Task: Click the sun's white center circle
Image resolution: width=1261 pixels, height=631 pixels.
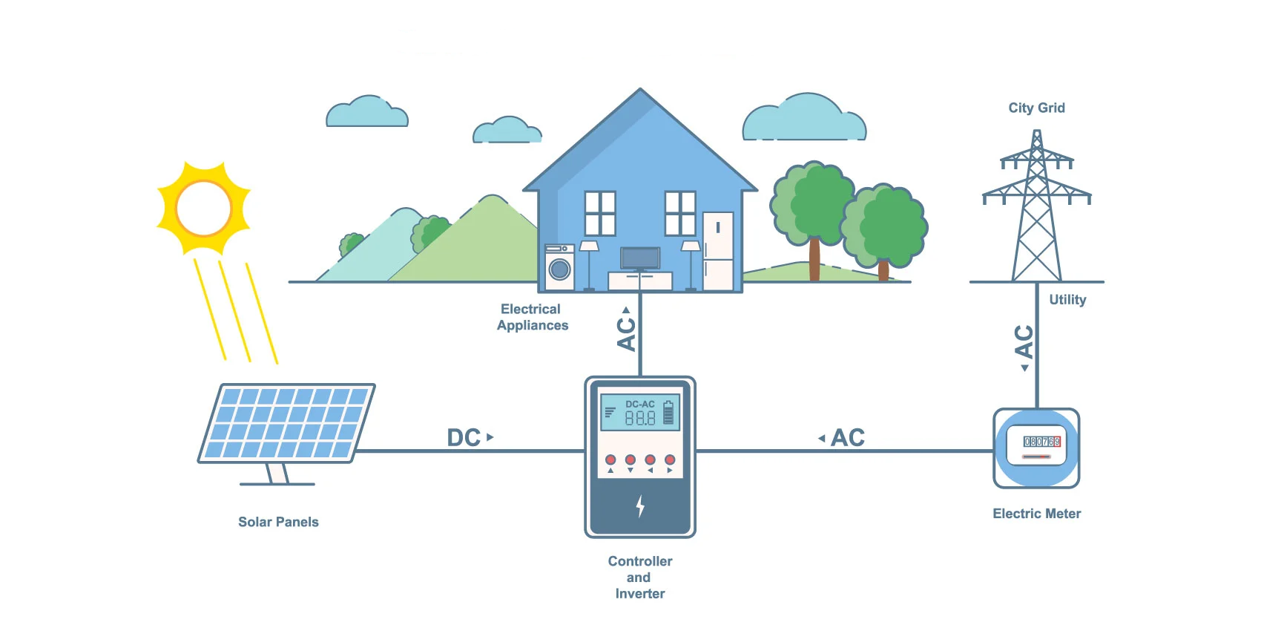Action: point(204,208)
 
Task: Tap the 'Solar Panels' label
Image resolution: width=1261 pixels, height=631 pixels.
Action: point(278,522)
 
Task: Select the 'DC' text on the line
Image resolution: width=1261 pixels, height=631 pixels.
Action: point(464,438)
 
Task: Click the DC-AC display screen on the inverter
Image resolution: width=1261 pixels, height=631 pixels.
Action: point(639,412)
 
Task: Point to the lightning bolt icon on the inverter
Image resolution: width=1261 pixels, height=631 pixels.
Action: point(640,506)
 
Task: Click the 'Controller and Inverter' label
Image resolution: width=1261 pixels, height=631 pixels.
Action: point(639,578)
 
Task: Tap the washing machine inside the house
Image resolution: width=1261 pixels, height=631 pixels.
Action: point(559,268)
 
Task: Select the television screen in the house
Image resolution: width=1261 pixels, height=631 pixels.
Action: point(640,258)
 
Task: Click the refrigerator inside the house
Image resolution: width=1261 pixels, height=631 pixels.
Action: point(717,251)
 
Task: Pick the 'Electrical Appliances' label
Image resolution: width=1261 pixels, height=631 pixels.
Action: point(532,317)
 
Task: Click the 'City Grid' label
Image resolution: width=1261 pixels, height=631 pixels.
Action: point(1036,108)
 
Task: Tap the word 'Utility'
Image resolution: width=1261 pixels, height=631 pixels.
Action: point(1067,300)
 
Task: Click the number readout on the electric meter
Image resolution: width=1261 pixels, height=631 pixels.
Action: point(1041,441)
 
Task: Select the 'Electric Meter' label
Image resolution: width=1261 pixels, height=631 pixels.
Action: point(1036,514)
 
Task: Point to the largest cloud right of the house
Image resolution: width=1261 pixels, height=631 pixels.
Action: point(805,120)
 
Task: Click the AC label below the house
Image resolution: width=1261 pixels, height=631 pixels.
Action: point(627,333)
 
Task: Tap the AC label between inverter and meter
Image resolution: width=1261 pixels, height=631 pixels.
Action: point(848,438)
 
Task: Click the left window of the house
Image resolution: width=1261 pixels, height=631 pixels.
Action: point(600,213)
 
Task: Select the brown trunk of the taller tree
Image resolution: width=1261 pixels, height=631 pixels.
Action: point(814,259)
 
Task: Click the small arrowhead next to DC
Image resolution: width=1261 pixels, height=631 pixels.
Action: point(490,437)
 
